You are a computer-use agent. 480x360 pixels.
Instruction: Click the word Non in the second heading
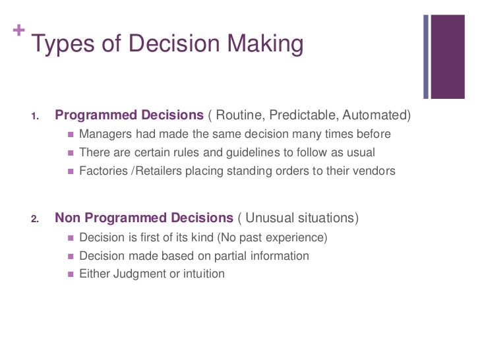(x=68, y=218)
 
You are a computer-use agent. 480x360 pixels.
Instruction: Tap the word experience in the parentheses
(x=297, y=237)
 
